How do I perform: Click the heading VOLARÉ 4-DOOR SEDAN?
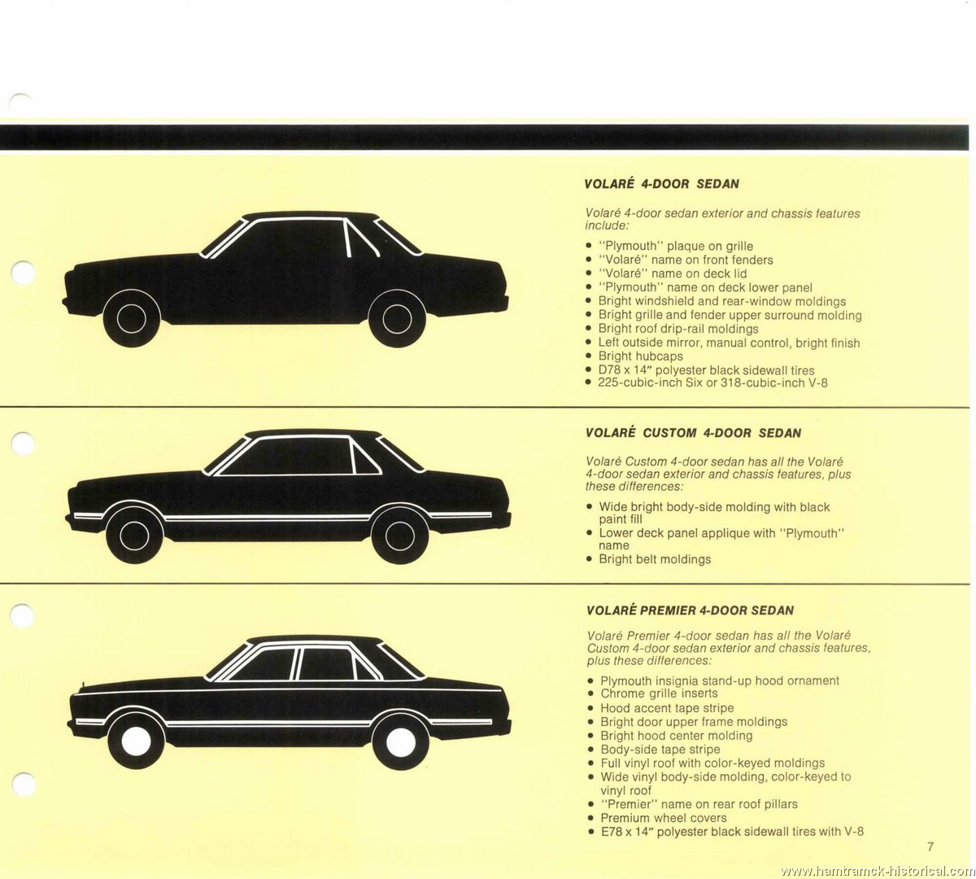tap(661, 184)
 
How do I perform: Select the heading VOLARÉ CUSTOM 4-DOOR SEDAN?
tap(693, 433)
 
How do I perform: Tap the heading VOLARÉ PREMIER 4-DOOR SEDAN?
tap(690, 610)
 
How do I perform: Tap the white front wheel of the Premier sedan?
tap(136, 741)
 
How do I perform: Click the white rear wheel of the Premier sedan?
tap(401, 742)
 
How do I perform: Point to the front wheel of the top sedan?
tap(132, 318)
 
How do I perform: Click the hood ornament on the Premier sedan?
tap(84, 683)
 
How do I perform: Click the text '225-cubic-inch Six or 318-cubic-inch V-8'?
tap(712, 383)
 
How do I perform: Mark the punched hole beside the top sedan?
tap(23, 272)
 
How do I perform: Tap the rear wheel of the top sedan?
tap(397, 319)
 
